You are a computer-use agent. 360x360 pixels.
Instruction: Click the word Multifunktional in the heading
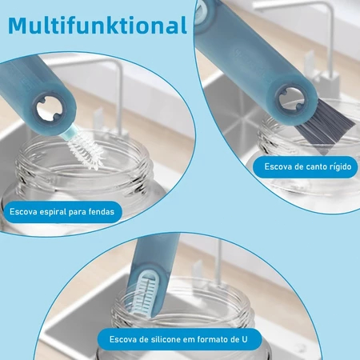(x=98, y=25)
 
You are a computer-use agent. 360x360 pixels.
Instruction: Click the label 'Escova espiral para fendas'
(x=62, y=212)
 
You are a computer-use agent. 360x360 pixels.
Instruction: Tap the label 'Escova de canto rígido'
(x=308, y=166)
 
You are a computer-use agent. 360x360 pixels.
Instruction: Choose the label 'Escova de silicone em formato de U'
(x=178, y=339)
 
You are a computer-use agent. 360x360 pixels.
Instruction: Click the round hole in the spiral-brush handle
(x=50, y=110)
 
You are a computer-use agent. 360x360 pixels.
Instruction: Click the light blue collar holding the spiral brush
(x=70, y=134)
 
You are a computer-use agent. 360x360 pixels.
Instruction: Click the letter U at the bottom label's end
(x=244, y=339)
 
